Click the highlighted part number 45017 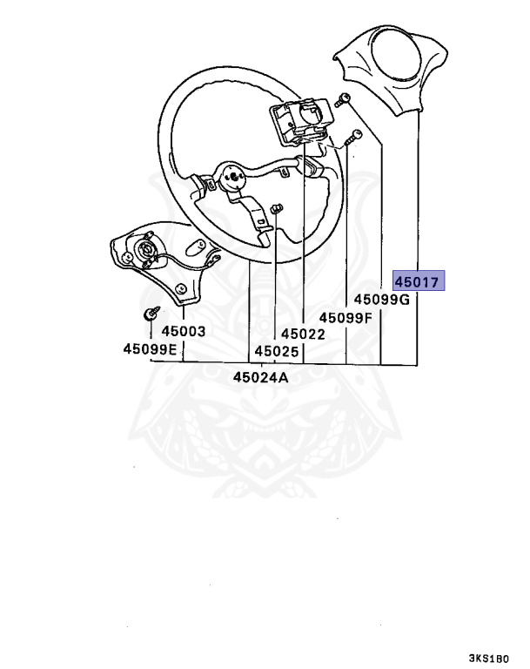click(x=419, y=281)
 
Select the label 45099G click(x=381, y=300)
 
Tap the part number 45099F click(x=346, y=317)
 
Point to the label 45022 click(x=302, y=334)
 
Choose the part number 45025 click(x=276, y=351)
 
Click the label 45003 click(x=183, y=331)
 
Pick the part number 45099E click(x=149, y=349)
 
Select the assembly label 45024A click(x=260, y=377)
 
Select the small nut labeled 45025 click(x=277, y=208)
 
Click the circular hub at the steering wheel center click(x=232, y=177)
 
